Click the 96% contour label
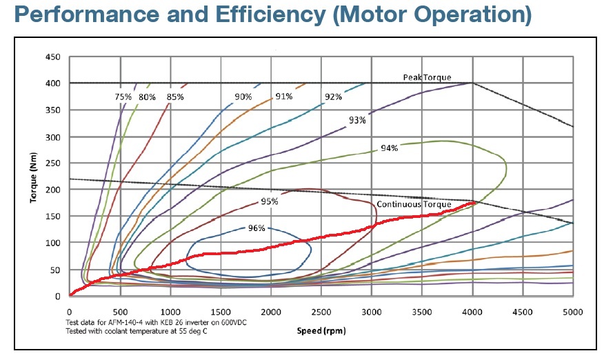(x=256, y=228)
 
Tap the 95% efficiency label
(x=270, y=201)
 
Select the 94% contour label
(x=390, y=148)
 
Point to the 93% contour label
(x=357, y=120)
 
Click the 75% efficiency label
(x=122, y=97)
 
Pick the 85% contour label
(x=175, y=97)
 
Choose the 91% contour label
(x=284, y=97)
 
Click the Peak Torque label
(x=427, y=77)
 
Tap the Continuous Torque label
(x=414, y=204)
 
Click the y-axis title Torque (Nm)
(x=32, y=175)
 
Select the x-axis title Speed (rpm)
(x=321, y=330)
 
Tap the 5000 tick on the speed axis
(x=573, y=311)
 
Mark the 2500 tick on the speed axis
(x=321, y=311)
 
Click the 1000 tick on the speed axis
(x=170, y=311)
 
